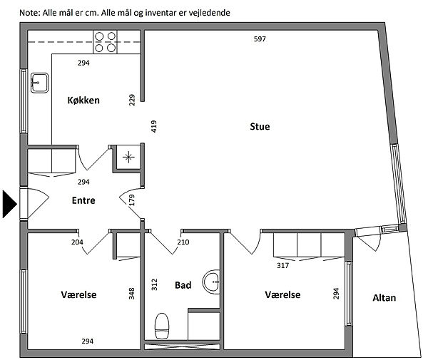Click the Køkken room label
[83, 101]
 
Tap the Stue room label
[260, 127]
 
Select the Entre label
[83, 200]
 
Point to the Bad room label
[183, 285]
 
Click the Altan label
[384, 298]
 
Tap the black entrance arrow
[10, 204]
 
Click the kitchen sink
[39, 83]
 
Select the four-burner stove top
[105, 42]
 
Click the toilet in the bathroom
[162, 326]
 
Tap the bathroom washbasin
[212, 282]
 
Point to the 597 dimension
[260, 39]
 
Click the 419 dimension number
[154, 127]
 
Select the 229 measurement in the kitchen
[132, 100]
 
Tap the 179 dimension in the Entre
[132, 200]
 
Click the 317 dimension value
[282, 266]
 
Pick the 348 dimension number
[132, 294]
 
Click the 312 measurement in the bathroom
[155, 284]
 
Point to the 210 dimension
[183, 242]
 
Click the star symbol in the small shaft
[128, 158]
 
